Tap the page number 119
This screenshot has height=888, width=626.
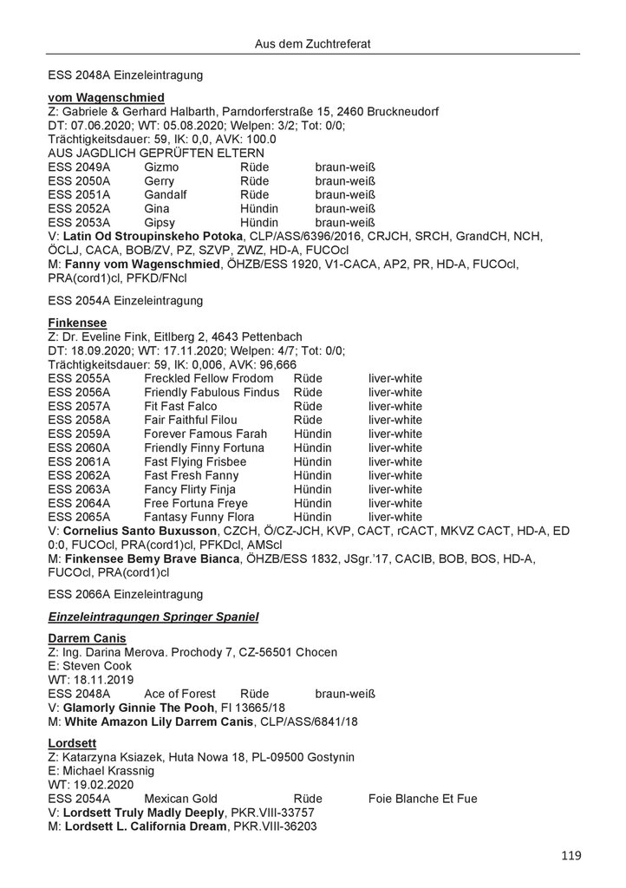571,856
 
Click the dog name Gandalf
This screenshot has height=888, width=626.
166,194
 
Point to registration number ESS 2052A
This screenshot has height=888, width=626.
80,208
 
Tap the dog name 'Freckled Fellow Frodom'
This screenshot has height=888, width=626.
209,378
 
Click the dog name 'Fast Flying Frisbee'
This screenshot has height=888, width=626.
196,461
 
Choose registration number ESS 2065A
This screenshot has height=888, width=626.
80,517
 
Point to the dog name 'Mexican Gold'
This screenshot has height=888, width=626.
180,799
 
